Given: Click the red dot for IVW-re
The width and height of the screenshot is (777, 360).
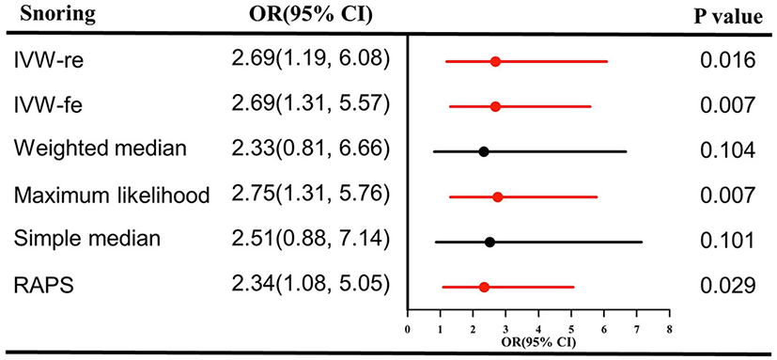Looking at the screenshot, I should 495,61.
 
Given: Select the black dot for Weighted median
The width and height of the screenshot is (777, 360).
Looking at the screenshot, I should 483,151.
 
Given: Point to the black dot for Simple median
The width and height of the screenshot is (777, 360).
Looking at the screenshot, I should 490,242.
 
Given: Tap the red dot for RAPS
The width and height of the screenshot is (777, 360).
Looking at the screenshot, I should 484,287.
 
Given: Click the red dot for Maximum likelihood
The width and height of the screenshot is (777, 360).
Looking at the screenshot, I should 497,196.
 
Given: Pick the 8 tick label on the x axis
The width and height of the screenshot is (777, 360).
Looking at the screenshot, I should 668,330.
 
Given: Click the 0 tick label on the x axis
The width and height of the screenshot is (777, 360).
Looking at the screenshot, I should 407,330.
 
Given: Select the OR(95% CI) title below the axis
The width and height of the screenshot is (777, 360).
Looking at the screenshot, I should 536,341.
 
